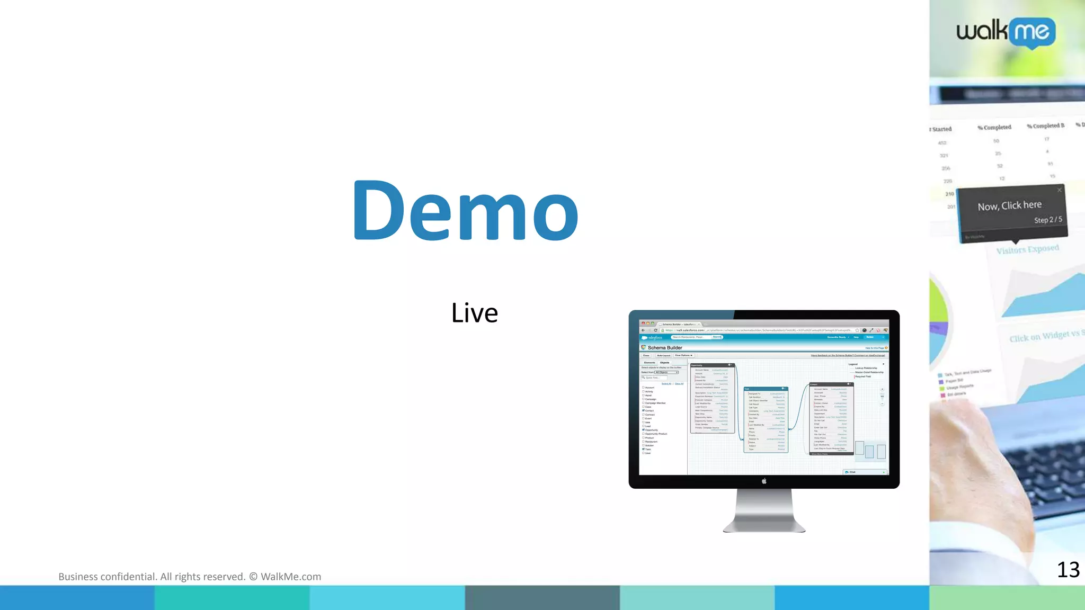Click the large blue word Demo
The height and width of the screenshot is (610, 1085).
click(x=465, y=210)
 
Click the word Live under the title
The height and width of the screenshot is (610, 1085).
click(x=474, y=313)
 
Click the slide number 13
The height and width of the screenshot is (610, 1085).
click(x=1068, y=570)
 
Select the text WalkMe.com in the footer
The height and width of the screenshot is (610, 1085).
click(x=290, y=577)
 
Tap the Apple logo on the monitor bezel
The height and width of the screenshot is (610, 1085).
click(x=764, y=481)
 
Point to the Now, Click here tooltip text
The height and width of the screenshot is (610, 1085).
click(x=1009, y=205)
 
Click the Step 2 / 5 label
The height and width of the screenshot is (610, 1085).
click(x=1047, y=219)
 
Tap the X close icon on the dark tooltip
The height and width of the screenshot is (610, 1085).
click(x=1059, y=190)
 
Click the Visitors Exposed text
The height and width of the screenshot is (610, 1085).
click(x=1027, y=249)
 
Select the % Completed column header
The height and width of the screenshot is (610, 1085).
click(x=994, y=127)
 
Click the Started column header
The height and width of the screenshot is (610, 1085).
click(x=941, y=129)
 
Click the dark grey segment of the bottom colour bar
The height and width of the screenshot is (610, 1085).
click(x=542, y=598)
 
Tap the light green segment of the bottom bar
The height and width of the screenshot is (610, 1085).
click(x=1007, y=598)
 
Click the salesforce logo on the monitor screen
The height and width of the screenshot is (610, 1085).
click(x=652, y=337)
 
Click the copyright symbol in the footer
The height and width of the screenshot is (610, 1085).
click(x=253, y=577)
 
